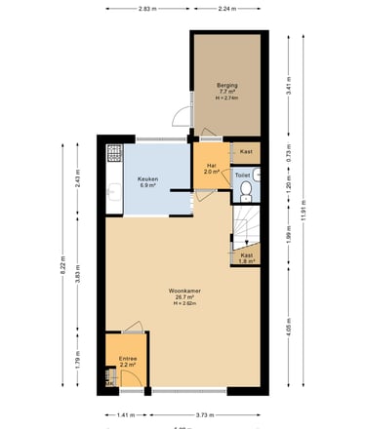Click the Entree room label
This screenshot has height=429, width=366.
point(128,361)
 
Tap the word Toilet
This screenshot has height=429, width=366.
point(243,175)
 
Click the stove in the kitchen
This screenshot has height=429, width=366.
point(113,155)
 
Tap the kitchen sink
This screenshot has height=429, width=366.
point(112,194)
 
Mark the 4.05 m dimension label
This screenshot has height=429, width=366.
point(290,328)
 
